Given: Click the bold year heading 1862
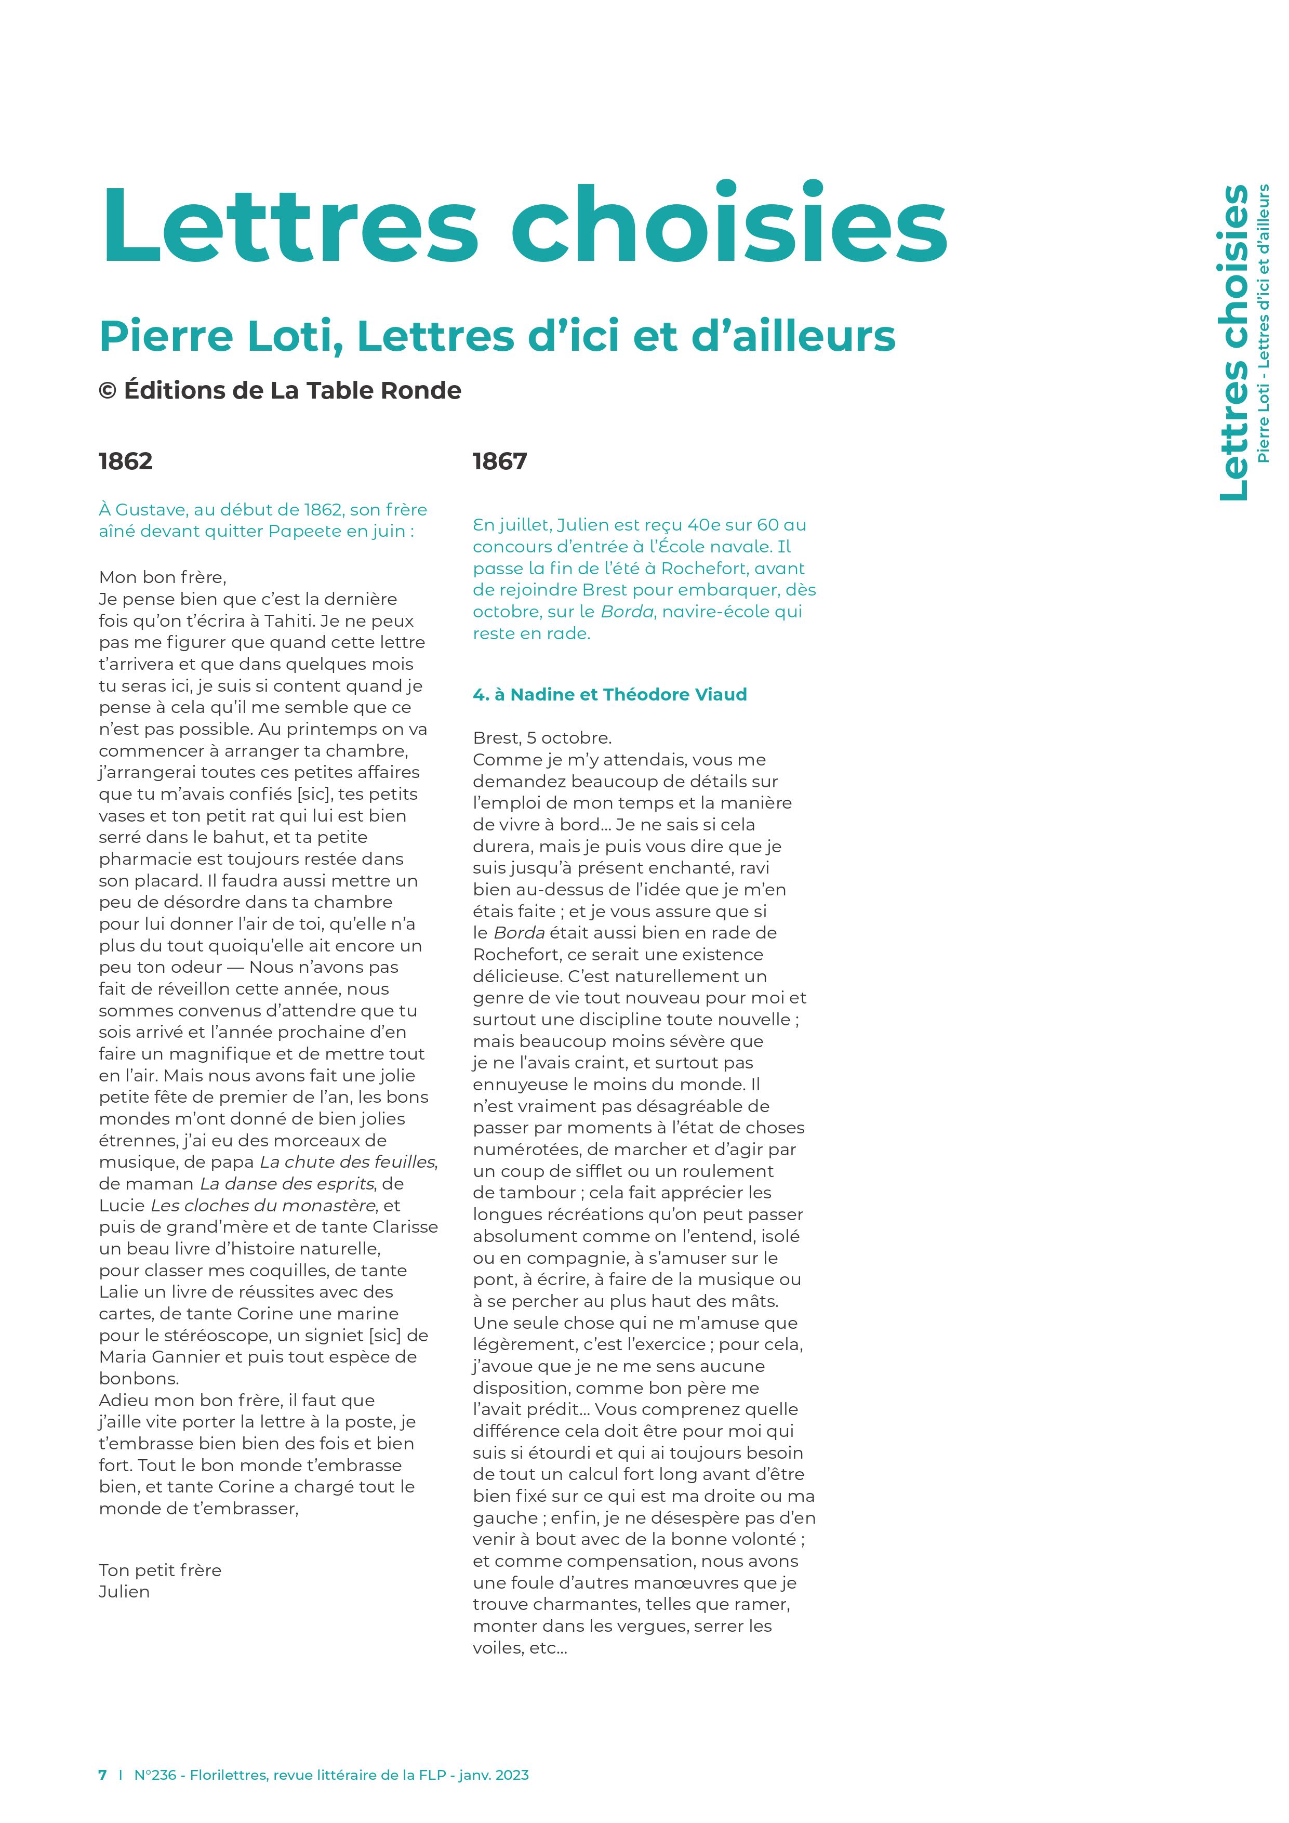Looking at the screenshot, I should [125, 461].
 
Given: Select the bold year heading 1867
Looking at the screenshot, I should [499, 461].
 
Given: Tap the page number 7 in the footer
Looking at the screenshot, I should [102, 1775].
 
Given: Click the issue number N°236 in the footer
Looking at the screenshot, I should [155, 1775].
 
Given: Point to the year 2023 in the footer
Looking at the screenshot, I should [511, 1775].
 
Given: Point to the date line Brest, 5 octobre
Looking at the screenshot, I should [542, 737].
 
